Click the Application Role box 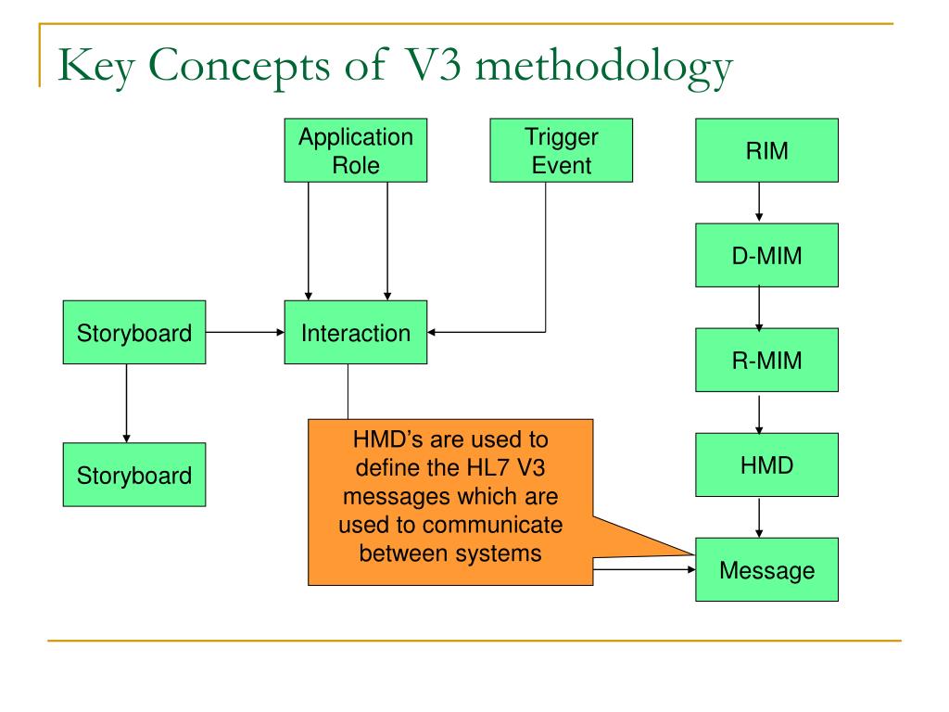pyautogui.click(x=356, y=150)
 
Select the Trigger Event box pyautogui.click(x=561, y=150)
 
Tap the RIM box pyautogui.click(x=766, y=150)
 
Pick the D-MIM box pyautogui.click(x=766, y=255)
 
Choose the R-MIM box pyautogui.click(x=766, y=360)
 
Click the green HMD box pyautogui.click(x=766, y=464)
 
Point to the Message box pyautogui.click(x=766, y=569)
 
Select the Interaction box pyautogui.click(x=356, y=332)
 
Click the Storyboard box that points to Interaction pyautogui.click(x=134, y=332)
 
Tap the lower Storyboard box pyautogui.click(x=134, y=474)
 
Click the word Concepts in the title pyautogui.click(x=239, y=66)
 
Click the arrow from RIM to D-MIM pyautogui.click(x=759, y=202)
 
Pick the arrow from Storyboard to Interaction pyautogui.click(x=245, y=332)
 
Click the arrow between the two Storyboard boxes pyautogui.click(x=126, y=403)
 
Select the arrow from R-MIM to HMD pyautogui.click(x=759, y=414)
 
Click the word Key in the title pyautogui.click(x=96, y=67)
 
